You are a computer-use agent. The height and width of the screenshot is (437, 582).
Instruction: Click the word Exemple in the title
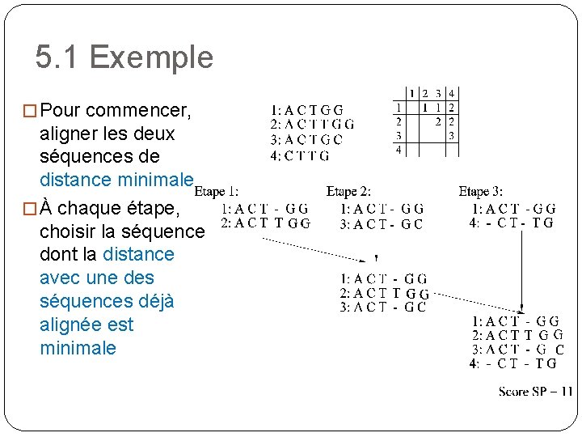point(151,57)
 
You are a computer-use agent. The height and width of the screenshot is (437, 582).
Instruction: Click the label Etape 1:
point(216,192)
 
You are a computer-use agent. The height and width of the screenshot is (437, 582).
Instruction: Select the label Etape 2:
point(348,192)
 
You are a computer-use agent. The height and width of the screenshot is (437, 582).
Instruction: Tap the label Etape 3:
point(480,192)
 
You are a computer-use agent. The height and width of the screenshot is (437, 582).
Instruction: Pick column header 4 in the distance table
point(451,94)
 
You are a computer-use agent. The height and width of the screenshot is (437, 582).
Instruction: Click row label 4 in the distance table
point(398,150)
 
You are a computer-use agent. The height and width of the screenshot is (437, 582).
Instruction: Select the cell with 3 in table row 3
point(451,135)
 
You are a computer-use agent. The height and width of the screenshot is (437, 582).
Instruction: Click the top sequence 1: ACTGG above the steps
point(307,110)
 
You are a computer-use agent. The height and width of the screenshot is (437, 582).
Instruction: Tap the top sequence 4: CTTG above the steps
point(300,155)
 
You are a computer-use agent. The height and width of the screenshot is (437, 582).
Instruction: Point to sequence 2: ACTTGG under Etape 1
point(265,223)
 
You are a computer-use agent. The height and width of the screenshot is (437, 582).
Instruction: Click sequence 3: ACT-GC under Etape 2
point(382,224)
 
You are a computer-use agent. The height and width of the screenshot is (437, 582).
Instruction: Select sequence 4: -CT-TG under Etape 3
point(511,223)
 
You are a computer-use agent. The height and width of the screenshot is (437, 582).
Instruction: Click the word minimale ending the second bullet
point(78,349)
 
